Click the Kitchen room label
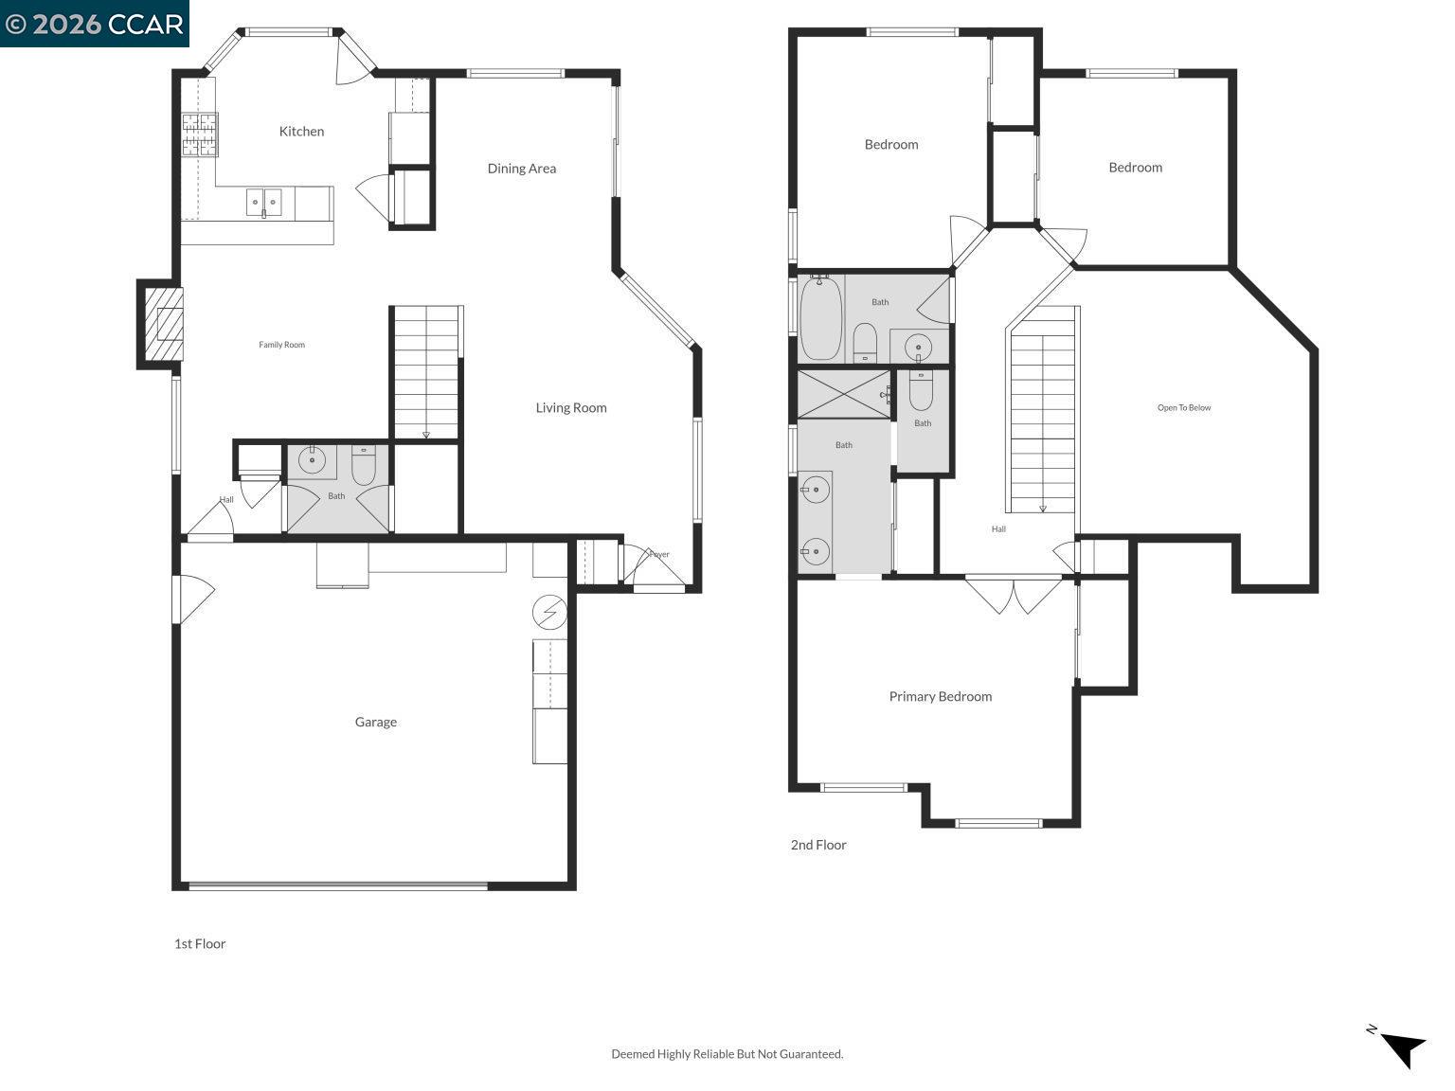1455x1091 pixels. point(301,132)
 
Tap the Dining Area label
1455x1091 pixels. point(521,169)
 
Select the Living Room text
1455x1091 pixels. point(570,408)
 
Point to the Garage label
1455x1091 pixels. point(375,723)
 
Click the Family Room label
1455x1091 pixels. point(281,345)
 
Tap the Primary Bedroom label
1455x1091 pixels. point(940,697)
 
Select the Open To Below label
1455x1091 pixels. point(1183,408)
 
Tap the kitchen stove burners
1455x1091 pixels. point(200,134)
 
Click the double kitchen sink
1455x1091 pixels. point(264,202)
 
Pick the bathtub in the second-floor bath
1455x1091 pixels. point(820,317)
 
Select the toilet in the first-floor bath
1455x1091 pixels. point(364,463)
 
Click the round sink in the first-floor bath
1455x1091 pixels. point(312,461)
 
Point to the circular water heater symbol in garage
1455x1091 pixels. point(549,613)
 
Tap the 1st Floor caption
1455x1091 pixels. point(200,944)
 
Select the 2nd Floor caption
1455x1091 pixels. point(818,845)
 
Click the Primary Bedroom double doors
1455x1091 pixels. point(1013,595)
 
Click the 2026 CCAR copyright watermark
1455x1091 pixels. point(94,24)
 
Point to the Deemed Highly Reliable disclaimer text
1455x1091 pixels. point(727,1054)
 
